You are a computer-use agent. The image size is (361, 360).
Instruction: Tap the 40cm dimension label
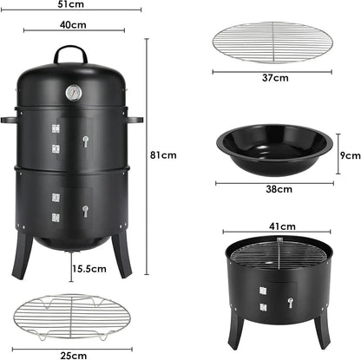74,24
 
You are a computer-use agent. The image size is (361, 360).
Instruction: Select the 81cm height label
163,155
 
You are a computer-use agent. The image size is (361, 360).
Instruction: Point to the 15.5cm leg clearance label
89,269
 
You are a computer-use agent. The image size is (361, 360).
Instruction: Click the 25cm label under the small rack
74,354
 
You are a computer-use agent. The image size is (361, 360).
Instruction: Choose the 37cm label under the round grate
276,78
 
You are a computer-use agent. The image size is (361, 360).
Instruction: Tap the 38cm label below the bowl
278,188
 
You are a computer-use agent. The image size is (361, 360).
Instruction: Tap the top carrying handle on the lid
71,54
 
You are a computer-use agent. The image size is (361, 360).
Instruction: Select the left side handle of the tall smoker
10,118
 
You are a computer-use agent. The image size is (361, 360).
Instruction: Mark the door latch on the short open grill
289,303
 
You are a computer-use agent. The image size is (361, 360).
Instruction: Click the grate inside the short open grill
278,255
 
